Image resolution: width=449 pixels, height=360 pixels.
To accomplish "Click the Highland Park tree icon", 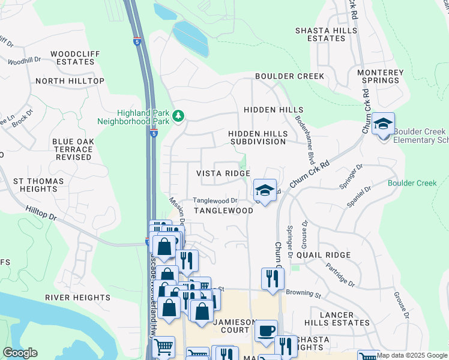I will [178, 115].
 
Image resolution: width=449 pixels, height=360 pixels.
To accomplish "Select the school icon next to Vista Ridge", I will [264, 191].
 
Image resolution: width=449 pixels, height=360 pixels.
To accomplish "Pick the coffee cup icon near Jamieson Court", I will [266, 331].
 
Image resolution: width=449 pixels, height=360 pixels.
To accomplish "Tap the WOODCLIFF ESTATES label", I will [74, 58].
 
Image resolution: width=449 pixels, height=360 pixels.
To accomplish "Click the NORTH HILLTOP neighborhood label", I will [70, 81].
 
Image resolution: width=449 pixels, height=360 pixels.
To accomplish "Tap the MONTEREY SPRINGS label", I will [380, 76].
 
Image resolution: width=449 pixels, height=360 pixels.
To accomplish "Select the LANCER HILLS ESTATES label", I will [336, 319].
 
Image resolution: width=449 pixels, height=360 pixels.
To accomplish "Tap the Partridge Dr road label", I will [340, 274].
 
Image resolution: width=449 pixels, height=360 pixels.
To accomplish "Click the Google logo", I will [20, 353].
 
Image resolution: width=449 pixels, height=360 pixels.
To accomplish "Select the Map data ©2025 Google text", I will [411, 355].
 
